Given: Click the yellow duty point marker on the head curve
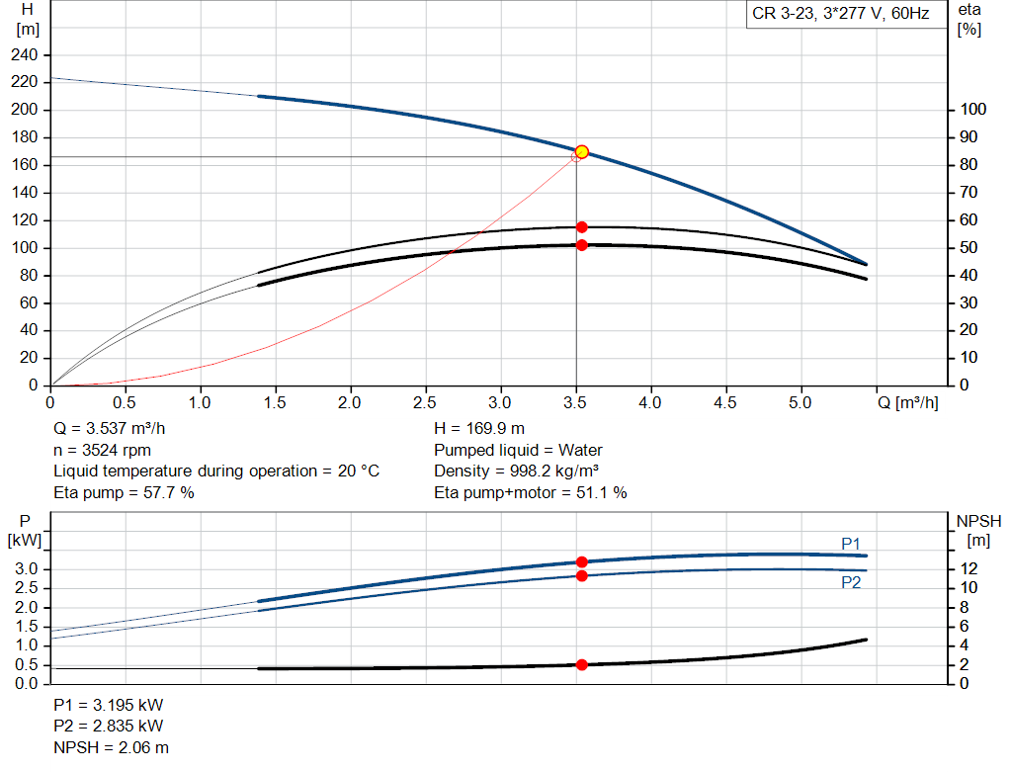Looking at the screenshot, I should pyautogui.click(x=582, y=151).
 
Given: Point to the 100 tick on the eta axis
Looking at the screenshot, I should pyautogui.click(x=970, y=110).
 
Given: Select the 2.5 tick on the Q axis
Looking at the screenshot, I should pyautogui.click(x=425, y=403).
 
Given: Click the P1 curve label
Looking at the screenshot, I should pyautogui.click(x=851, y=543).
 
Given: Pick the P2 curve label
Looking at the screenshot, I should pyautogui.click(x=851, y=583).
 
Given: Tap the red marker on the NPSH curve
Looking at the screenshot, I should pyautogui.click(x=582, y=665).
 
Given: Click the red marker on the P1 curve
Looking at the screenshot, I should pyautogui.click(x=582, y=561).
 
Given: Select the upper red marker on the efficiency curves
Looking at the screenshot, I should pyautogui.click(x=582, y=227).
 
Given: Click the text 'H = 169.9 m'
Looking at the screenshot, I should pyautogui.click(x=479, y=429).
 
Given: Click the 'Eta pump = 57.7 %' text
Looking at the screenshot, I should pyautogui.click(x=124, y=492).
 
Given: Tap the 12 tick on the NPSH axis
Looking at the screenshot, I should pyautogui.click(x=970, y=568).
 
